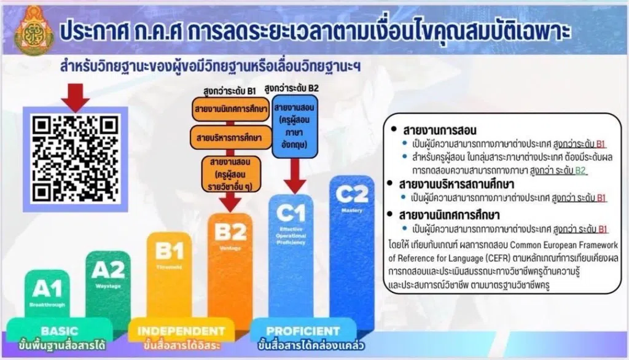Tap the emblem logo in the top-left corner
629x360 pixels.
[29, 29]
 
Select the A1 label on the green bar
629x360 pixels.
[47, 289]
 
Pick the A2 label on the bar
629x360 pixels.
[108, 270]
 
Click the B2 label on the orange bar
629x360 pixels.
[230, 232]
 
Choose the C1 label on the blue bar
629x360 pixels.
[291, 213]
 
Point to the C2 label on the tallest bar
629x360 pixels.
[352, 194]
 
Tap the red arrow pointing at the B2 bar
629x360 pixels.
[232, 201]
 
